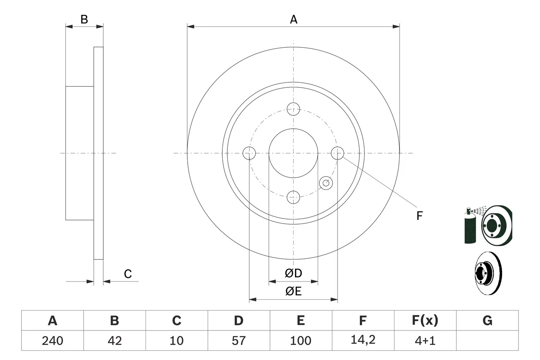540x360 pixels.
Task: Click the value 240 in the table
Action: (52, 341)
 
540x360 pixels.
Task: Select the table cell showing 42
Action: (114, 341)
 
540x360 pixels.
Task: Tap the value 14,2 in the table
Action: (362, 341)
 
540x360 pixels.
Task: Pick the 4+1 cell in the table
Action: (425, 341)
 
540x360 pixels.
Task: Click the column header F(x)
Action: (425, 321)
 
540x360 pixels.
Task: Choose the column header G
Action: (487, 321)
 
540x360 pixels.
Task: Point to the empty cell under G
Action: (487, 341)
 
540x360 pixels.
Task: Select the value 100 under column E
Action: (300, 341)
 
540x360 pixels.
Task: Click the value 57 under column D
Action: (238, 341)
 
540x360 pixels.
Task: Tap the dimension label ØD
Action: (293, 273)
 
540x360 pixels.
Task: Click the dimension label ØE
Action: (293, 292)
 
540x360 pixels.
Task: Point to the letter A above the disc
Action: (293, 19)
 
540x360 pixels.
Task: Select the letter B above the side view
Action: (84, 19)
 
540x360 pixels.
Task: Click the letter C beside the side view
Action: (128, 274)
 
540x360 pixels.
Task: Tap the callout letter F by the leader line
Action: (419, 216)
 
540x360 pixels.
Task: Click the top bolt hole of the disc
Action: (293, 109)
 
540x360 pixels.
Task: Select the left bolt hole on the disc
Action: (249, 153)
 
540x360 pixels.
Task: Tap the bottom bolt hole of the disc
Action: (293, 197)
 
